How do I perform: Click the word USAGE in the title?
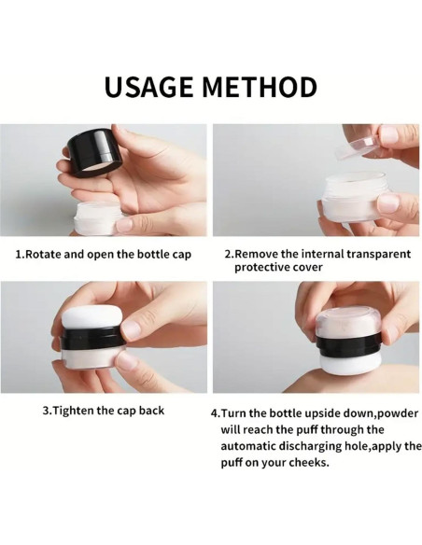(x=148, y=87)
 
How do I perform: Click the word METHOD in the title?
(x=259, y=87)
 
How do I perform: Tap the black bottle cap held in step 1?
(x=94, y=152)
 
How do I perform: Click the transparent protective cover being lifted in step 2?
(x=354, y=147)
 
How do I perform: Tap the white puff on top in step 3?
(x=91, y=317)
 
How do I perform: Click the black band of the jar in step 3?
(x=92, y=339)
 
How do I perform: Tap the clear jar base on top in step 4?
(x=348, y=321)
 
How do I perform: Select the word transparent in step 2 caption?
(x=378, y=255)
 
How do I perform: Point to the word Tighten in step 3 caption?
(x=74, y=411)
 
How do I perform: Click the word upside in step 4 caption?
(x=322, y=413)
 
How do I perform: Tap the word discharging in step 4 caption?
(x=318, y=446)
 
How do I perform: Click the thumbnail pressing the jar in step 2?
(x=389, y=203)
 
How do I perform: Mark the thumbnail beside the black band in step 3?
(x=132, y=329)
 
